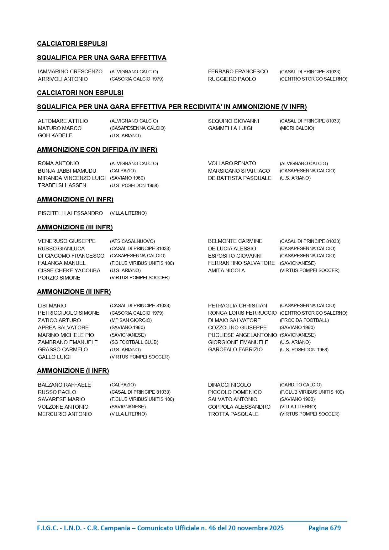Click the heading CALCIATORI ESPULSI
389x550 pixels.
coord(72,44)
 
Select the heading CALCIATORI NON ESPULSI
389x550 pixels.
coord(80,93)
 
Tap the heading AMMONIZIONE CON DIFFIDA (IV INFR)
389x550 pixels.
coord(97,149)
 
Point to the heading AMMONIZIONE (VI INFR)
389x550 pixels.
coord(75,199)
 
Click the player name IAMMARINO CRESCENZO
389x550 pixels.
coord(70,72)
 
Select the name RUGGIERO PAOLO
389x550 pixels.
coord(232,79)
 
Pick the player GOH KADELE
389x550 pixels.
coord(55,135)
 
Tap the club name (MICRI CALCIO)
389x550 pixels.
coord(297,128)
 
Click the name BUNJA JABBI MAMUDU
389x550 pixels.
coord(67,171)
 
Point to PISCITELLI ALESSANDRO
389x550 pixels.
coord(70,213)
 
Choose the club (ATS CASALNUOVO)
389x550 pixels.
coord(132,241)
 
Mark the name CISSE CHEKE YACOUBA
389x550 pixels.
coord(69,270)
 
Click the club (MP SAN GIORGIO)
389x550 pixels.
coord(131,320)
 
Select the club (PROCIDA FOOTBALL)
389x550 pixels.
coord(304,320)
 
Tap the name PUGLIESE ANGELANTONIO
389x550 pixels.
coord(242,335)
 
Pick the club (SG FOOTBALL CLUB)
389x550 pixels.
coord(134,342)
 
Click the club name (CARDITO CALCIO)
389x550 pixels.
coord(300,385)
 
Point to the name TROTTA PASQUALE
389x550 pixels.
coord(233,414)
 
